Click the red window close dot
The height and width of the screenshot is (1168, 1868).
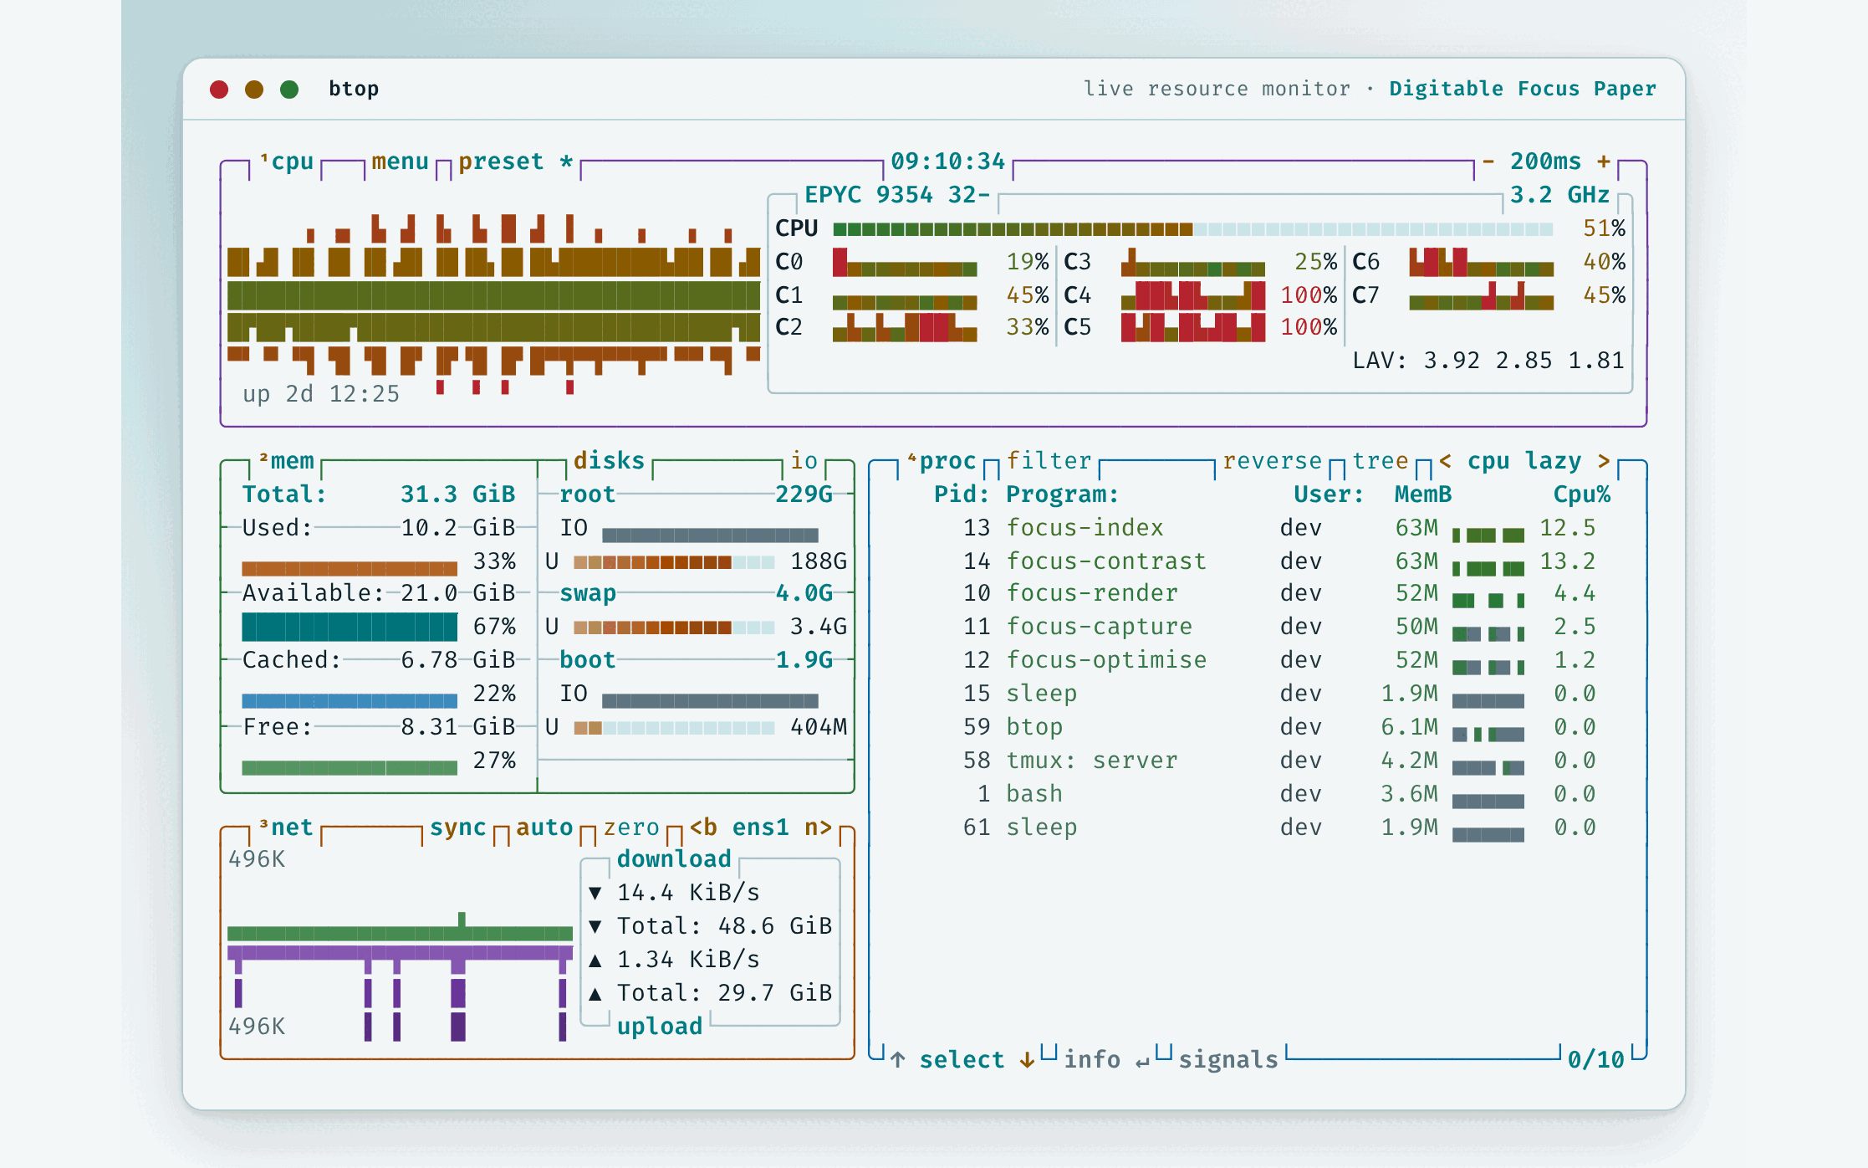[219, 90]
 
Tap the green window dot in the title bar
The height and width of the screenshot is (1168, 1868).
[289, 90]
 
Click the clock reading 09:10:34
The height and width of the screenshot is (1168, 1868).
[947, 161]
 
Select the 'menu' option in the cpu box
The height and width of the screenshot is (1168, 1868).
[400, 161]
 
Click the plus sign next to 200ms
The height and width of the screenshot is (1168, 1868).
[1603, 161]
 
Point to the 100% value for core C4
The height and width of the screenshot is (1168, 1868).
[1309, 295]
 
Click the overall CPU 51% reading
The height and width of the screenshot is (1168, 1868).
[1604, 228]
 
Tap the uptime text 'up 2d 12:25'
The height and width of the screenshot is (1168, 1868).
[321, 394]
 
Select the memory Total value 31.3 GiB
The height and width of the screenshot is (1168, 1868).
[457, 494]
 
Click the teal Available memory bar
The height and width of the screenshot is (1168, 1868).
[350, 627]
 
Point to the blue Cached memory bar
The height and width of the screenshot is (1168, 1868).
[350, 700]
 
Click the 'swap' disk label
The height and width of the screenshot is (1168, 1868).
[587, 593]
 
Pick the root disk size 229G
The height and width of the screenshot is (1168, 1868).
[804, 494]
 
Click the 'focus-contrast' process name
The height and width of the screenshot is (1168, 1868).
[1105, 561]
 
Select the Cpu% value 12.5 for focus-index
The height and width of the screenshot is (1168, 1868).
[1567, 528]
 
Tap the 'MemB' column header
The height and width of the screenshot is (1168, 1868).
[1422, 494]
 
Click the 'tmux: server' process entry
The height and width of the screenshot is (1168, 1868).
[1091, 761]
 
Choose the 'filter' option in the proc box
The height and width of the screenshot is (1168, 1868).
[1049, 461]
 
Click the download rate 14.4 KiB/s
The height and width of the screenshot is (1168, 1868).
[688, 893]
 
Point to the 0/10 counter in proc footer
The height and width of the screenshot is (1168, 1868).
[1595, 1060]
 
